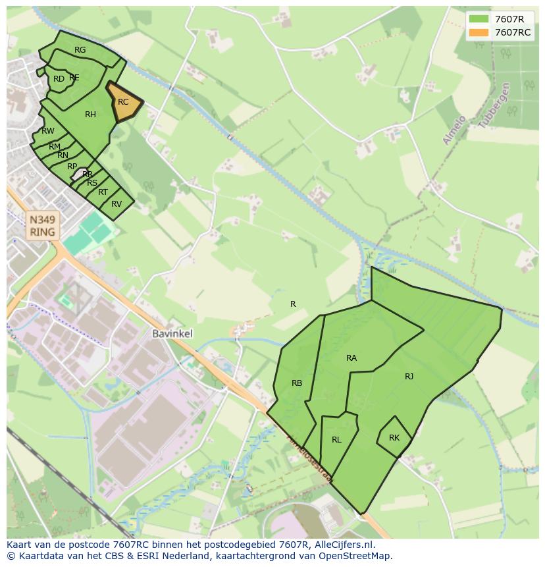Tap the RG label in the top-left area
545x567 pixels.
tap(80, 50)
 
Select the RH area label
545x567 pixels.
tap(90, 115)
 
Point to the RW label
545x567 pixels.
tap(48, 131)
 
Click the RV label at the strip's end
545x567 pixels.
tap(117, 204)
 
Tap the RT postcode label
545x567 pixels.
tap(103, 193)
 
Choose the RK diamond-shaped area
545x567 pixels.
tap(394, 438)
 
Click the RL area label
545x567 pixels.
tap(336, 440)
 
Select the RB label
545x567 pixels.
tap(297, 383)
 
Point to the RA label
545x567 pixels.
tap(351, 358)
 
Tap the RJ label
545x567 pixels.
tap(409, 377)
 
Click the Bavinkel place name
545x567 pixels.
tap(172, 334)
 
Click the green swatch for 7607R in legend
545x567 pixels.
tap(479, 19)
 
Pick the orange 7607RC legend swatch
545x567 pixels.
tap(479, 32)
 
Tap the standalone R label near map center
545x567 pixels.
tap(293, 304)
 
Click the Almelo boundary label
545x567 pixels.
tap(454, 130)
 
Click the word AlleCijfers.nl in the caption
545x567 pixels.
tap(343, 545)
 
